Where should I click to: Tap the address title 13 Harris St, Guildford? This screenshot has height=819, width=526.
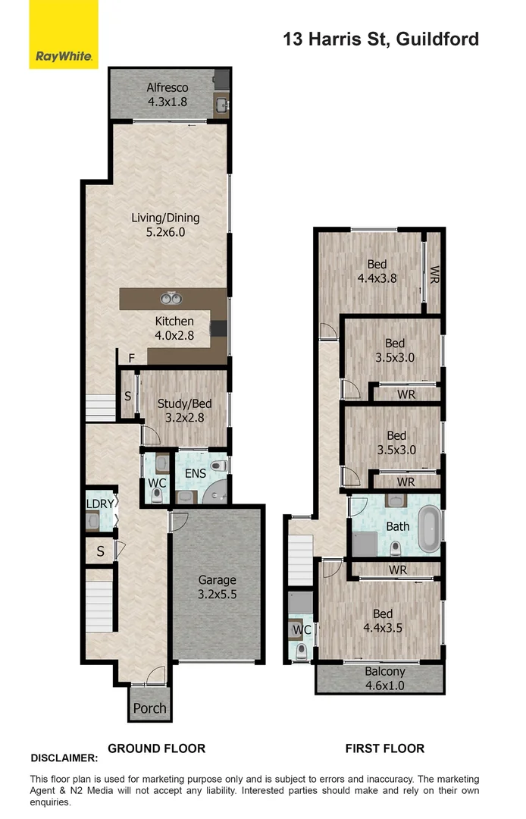tap(380, 39)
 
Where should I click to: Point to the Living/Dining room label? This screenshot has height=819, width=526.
tap(165, 225)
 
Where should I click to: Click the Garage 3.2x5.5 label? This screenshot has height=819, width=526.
tap(217, 588)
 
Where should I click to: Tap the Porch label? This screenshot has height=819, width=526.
tap(149, 708)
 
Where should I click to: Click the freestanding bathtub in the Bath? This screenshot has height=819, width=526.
tap(429, 526)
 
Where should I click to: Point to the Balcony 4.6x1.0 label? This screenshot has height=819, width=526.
tap(384, 677)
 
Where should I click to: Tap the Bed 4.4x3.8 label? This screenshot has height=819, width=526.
tap(377, 271)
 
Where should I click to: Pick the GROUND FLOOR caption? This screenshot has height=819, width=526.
tap(156, 748)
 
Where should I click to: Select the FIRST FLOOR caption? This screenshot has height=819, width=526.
tap(384, 748)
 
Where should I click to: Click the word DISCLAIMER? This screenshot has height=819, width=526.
tap(64, 758)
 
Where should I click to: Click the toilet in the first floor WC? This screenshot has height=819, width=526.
tap(302, 651)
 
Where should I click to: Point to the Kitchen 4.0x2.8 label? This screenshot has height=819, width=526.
tap(174, 328)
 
